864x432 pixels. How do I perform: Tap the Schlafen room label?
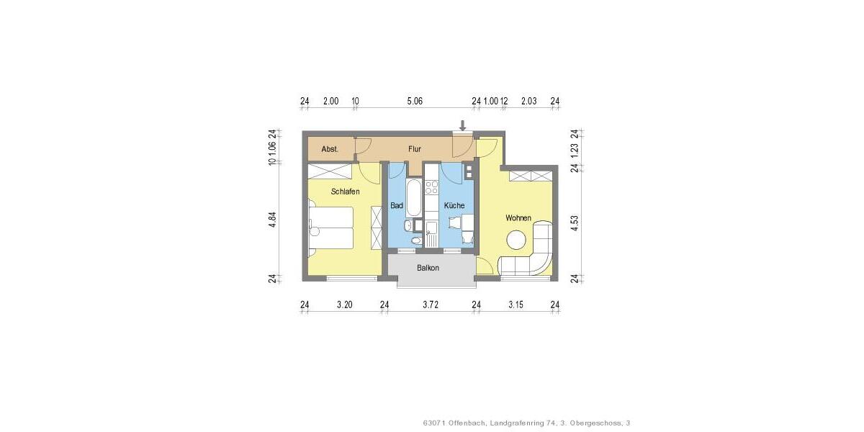[x=345, y=192]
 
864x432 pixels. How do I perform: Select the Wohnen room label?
[x=518, y=217]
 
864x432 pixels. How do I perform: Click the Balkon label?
[x=428, y=268]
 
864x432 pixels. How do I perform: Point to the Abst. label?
[x=330, y=149]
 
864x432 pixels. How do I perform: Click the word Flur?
[x=414, y=149]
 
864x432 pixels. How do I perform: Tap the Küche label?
[x=454, y=206]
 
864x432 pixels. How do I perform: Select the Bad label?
[x=396, y=206]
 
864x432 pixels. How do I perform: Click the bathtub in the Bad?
[x=414, y=199]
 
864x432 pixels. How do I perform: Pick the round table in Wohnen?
[x=516, y=239]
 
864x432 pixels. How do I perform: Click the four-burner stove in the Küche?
[x=432, y=187]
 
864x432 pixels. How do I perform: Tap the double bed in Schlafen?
[x=332, y=228]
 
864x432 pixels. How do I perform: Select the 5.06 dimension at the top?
[x=414, y=102]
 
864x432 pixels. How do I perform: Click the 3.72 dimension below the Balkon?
[x=429, y=305]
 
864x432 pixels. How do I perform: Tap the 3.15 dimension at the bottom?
[x=516, y=305]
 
